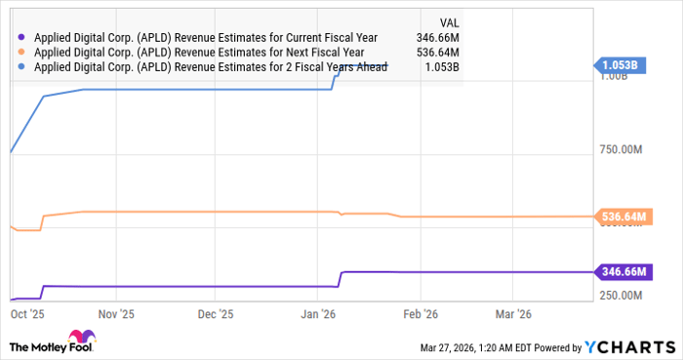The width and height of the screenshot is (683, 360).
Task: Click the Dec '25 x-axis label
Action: [x=216, y=315]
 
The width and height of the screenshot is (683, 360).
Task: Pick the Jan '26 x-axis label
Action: [x=320, y=315]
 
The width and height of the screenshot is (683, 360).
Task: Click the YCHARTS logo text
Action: [x=635, y=346]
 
